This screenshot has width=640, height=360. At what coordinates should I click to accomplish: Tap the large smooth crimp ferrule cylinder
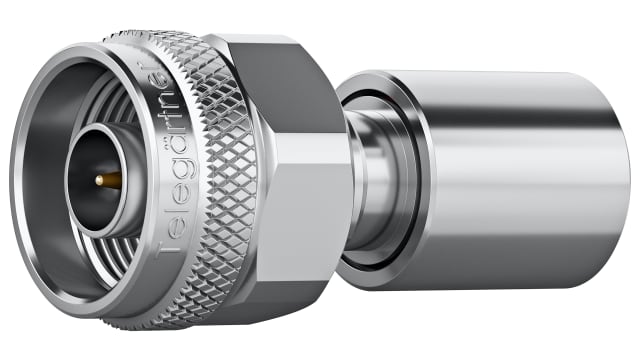tap(500, 200)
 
